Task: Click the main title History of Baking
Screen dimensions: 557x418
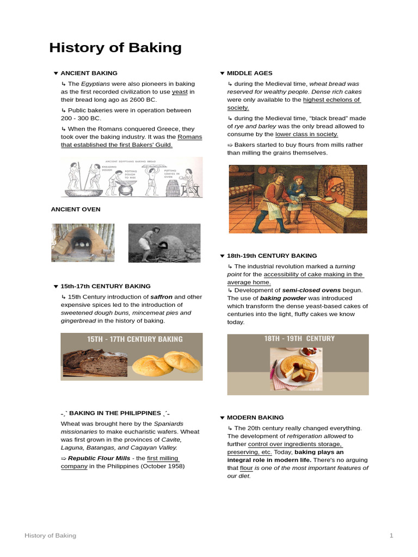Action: [x=115, y=48]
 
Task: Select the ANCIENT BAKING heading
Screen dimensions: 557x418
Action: [x=89, y=73]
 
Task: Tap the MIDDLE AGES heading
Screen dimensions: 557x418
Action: [x=249, y=73]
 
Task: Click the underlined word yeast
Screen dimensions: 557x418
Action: [x=180, y=92]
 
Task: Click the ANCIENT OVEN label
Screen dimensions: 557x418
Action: [x=76, y=209]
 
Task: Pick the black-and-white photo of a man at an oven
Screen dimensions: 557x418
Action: [x=164, y=243]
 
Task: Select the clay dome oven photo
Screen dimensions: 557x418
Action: [x=83, y=243]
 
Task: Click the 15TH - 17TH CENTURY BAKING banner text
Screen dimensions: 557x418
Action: [x=135, y=339]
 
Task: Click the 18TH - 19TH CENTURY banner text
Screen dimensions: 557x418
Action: [x=299, y=338]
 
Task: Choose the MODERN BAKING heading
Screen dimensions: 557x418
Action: [x=255, y=417]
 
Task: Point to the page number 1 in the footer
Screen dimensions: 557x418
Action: [x=391, y=536]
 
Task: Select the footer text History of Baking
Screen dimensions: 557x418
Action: [x=50, y=536]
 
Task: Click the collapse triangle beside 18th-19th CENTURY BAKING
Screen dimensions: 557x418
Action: [x=222, y=256]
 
